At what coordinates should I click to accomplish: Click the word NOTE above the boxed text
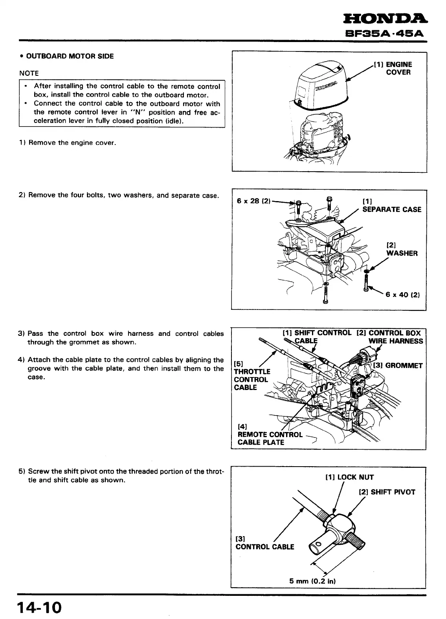(x=29, y=73)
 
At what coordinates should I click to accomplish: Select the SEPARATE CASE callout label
(x=391, y=206)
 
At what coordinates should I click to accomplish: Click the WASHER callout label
(x=402, y=249)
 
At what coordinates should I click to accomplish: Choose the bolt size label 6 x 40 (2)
(x=403, y=295)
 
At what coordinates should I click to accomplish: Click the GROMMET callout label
(x=400, y=366)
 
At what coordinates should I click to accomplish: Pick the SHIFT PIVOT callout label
(x=387, y=492)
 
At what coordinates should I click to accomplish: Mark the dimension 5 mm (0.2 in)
(x=312, y=581)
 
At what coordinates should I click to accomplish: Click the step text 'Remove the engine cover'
(x=72, y=143)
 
